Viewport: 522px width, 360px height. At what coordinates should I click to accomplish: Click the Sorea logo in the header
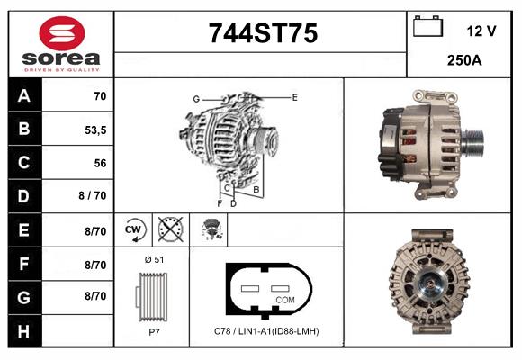coord(61,43)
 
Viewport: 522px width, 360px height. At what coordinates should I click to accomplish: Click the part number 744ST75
coord(263,34)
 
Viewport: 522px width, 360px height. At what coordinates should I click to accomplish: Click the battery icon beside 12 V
coord(427,28)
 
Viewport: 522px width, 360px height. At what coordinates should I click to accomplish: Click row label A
coord(23,94)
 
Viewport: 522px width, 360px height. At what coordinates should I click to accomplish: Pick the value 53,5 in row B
coord(94,129)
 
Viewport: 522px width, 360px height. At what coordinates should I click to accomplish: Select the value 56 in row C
coord(99,163)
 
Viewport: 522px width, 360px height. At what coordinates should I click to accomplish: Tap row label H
coord(23,331)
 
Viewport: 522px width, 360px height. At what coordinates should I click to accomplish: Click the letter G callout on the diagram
coord(195,98)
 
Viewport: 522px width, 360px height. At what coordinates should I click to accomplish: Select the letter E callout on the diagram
coord(294,96)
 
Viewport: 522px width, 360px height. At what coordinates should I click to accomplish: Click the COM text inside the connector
coord(284,299)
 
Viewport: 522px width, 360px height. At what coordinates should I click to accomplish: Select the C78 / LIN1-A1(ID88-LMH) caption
coord(267,331)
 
